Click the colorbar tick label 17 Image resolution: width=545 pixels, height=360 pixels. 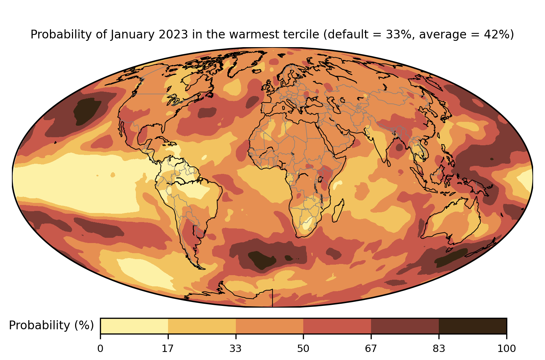click(168, 348)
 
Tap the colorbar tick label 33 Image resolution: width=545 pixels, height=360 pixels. click(236, 348)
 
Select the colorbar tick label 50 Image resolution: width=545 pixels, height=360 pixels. click(303, 348)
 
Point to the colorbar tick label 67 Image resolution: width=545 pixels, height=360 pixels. click(371, 348)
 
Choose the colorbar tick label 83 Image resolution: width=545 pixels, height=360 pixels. click(439, 348)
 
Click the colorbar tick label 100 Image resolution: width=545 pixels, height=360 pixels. click(506, 348)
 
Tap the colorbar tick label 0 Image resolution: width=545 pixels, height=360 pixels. click(100, 348)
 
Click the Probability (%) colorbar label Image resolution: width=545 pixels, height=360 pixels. click(51, 325)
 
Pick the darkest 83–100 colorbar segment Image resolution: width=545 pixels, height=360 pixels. click(472, 326)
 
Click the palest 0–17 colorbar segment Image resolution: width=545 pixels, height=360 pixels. click(134, 326)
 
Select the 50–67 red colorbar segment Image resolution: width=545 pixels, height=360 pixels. click(337, 326)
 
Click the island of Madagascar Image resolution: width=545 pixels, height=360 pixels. click(338, 211)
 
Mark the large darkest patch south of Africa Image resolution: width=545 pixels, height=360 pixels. click(261, 259)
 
